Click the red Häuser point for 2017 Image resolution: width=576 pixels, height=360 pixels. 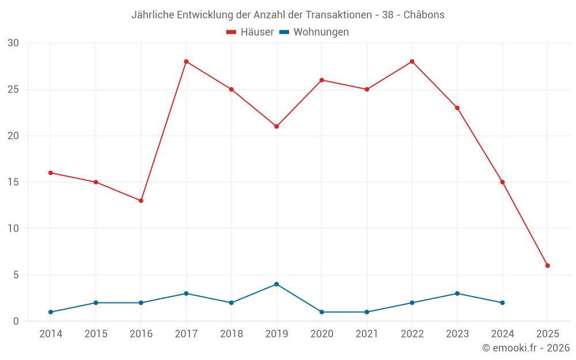(x=186, y=62)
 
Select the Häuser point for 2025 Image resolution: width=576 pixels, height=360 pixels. (x=548, y=266)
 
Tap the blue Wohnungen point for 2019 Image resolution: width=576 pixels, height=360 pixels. (x=276, y=284)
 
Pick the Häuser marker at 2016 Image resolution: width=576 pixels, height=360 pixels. (x=141, y=200)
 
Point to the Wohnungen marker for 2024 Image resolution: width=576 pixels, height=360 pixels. (x=502, y=302)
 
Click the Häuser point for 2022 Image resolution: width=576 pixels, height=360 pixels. (x=412, y=62)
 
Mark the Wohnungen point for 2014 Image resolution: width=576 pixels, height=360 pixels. (x=51, y=312)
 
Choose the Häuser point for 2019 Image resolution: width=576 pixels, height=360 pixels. (x=276, y=126)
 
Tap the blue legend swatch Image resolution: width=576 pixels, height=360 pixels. (x=284, y=32)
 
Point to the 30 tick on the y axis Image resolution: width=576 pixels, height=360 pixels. (x=13, y=43)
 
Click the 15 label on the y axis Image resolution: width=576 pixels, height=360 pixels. (x=13, y=182)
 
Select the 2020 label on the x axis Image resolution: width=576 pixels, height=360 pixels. (x=321, y=334)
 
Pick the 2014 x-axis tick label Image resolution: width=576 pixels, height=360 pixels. (x=51, y=334)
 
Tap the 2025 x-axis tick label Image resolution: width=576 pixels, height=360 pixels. (x=548, y=334)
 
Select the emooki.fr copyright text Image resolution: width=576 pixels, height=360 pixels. (x=526, y=348)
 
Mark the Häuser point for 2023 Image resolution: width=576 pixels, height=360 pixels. (x=457, y=108)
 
